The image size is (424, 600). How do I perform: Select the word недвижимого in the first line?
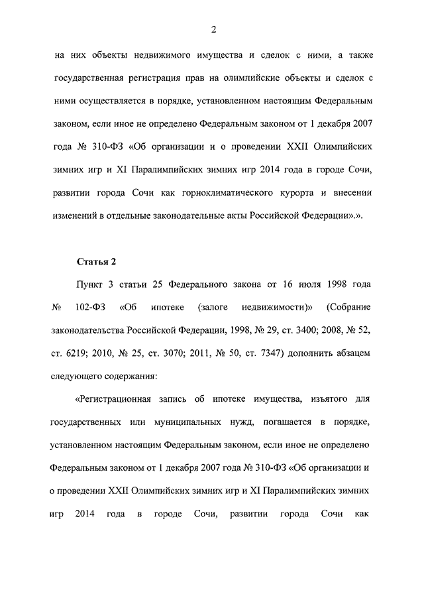pos(164,56)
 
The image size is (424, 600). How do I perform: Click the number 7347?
pos(267,353)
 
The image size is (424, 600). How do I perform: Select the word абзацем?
pos(356,353)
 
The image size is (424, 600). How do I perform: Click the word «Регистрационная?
pos(117,399)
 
